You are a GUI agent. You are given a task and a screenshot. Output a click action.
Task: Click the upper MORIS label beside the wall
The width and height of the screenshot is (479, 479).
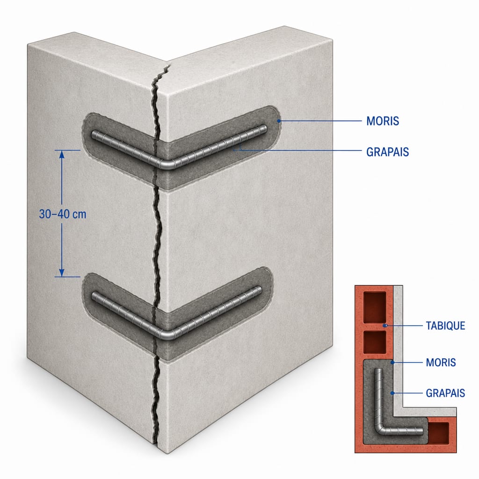point(383,121)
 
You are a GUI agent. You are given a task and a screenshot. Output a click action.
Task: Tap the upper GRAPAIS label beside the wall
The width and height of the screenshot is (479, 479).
point(387,152)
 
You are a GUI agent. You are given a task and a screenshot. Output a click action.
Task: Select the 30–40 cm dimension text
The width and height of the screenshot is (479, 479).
point(63,214)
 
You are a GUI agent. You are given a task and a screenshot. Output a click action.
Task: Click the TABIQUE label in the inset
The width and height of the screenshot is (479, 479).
point(445,326)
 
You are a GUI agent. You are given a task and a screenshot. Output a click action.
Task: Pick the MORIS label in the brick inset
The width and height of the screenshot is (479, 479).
point(441,363)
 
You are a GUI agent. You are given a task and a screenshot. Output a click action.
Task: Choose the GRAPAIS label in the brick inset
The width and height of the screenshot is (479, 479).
point(445,393)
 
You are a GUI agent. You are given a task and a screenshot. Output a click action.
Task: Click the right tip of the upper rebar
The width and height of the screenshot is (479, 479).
point(265,128)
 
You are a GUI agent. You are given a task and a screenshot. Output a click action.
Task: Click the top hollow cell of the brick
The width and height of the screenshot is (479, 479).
point(375,307)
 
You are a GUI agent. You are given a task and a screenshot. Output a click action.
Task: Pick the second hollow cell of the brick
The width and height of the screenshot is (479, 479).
point(375,342)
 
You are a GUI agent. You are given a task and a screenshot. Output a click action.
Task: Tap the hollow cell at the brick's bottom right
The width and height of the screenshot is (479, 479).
point(439,433)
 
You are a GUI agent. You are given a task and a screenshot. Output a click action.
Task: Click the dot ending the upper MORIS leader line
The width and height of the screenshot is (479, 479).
point(279,121)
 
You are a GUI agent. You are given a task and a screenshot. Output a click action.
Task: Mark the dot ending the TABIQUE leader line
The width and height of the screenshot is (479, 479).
point(386,326)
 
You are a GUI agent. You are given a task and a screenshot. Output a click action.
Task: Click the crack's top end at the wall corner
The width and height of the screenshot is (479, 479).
point(169,65)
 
